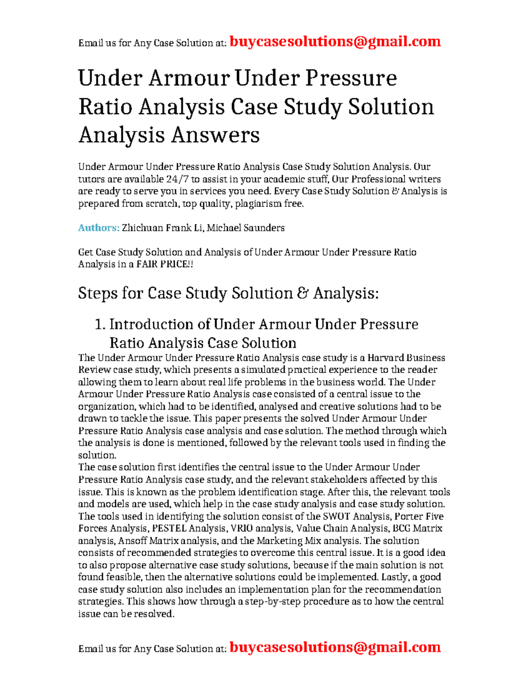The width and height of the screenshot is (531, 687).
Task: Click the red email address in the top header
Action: click(335, 42)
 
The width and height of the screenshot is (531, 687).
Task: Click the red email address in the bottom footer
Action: click(335, 647)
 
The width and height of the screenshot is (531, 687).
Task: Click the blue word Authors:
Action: click(99, 228)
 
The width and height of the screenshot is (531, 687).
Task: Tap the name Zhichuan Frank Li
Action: click(162, 228)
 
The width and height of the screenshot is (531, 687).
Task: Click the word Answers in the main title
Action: click(215, 135)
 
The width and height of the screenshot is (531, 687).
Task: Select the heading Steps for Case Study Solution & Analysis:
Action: click(228, 293)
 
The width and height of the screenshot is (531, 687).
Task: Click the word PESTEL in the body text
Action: click(169, 528)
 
